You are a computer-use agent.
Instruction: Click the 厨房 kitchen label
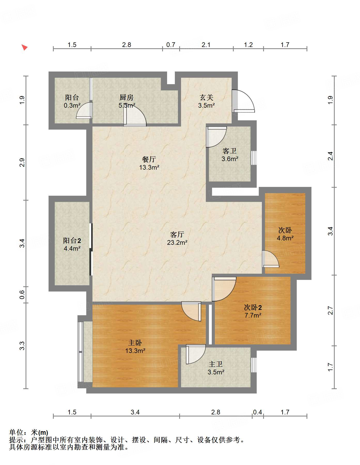127,97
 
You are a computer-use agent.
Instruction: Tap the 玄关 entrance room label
207,97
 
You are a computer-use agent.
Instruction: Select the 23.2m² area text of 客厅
177,242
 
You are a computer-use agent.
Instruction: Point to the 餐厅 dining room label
149,159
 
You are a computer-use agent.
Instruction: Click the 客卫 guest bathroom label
230,151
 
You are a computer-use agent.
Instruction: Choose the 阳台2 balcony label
72,241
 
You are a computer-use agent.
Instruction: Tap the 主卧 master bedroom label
135,343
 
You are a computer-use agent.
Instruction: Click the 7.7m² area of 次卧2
253,315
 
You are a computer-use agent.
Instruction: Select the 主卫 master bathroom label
216,364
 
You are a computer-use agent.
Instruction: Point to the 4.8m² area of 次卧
285,238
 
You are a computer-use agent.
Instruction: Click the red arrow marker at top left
24,47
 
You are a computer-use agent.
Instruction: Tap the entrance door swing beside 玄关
243,101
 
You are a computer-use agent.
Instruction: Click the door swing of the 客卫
216,137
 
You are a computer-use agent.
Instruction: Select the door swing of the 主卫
196,354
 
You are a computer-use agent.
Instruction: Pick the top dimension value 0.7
171,45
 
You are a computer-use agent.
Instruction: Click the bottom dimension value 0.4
257,412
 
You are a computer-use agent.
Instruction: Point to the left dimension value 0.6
22,295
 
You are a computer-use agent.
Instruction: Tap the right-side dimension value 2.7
330,310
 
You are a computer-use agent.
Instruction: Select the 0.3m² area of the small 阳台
72,105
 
